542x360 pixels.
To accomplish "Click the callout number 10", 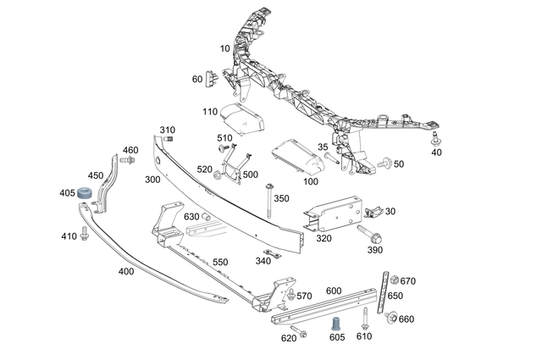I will click(x=225, y=48).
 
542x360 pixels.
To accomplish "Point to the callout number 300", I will click(x=152, y=180).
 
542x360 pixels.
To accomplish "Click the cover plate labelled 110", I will click(x=241, y=119).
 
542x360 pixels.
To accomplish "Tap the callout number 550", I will click(x=219, y=262).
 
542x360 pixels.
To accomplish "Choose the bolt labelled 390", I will click(x=370, y=231).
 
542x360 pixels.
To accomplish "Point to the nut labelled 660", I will click(x=390, y=318).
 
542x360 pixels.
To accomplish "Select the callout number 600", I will click(x=333, y=291).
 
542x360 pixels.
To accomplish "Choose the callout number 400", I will click(x=125, y=271).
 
